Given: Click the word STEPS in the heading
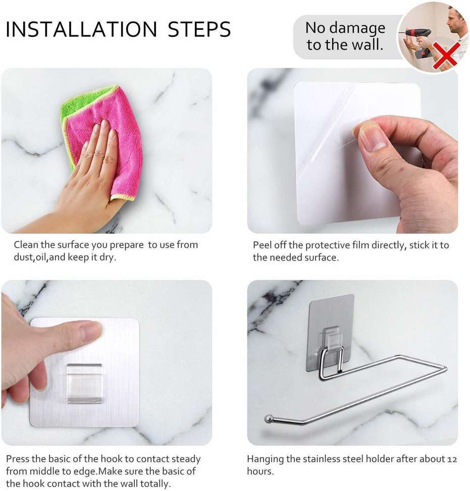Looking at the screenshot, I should coord(199,30).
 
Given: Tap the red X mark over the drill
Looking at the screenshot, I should coord(445,55).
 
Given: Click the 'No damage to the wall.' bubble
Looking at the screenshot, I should coord(345,36).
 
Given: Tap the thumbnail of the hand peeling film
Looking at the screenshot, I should coord(374,137).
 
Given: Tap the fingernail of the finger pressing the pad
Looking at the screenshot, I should coord(91,332).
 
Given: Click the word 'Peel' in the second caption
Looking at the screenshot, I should coord(263,245).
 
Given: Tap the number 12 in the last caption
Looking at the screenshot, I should coord(452,459).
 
